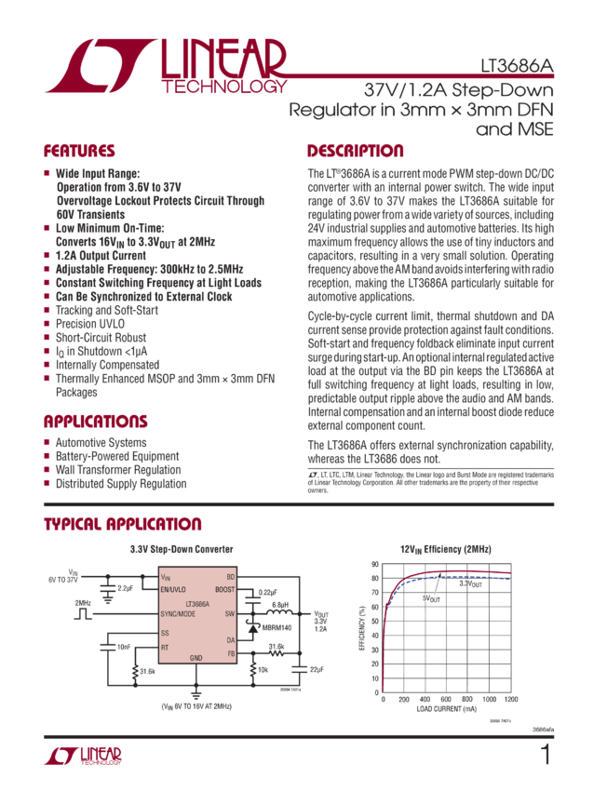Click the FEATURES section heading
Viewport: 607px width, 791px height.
[79, 152]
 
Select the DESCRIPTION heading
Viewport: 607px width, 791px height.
[356, 152]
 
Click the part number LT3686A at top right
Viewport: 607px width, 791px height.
[517, 67]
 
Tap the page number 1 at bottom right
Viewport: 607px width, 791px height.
[545, 755]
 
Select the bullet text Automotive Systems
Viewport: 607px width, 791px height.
[100, 443]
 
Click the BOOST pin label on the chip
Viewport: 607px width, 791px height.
[223, 589]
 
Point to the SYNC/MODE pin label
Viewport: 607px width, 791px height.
[178, 614]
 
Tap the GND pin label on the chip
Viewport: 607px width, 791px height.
[196, 658]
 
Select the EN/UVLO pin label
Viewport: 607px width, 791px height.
[174, 589]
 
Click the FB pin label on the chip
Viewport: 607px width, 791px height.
[230, 652]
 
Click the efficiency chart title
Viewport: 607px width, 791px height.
[445, 548]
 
